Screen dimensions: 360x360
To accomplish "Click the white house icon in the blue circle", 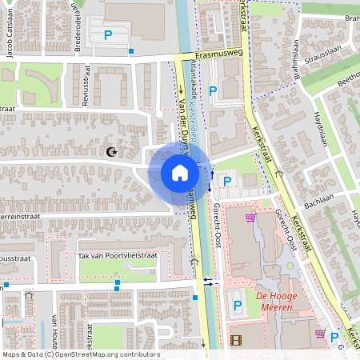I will [179, 173].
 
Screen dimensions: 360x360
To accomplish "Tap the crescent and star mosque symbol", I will [110, 151].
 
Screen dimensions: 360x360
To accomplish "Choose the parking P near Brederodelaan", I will [108, 34].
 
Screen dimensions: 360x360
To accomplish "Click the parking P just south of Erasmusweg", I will [212, 91].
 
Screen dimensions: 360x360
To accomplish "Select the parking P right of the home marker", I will [226, 182].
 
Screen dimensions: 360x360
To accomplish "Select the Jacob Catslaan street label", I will [10, 40].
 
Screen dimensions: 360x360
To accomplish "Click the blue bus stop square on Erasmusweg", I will [131, 51].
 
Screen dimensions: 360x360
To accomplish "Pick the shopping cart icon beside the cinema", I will [320, 334].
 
